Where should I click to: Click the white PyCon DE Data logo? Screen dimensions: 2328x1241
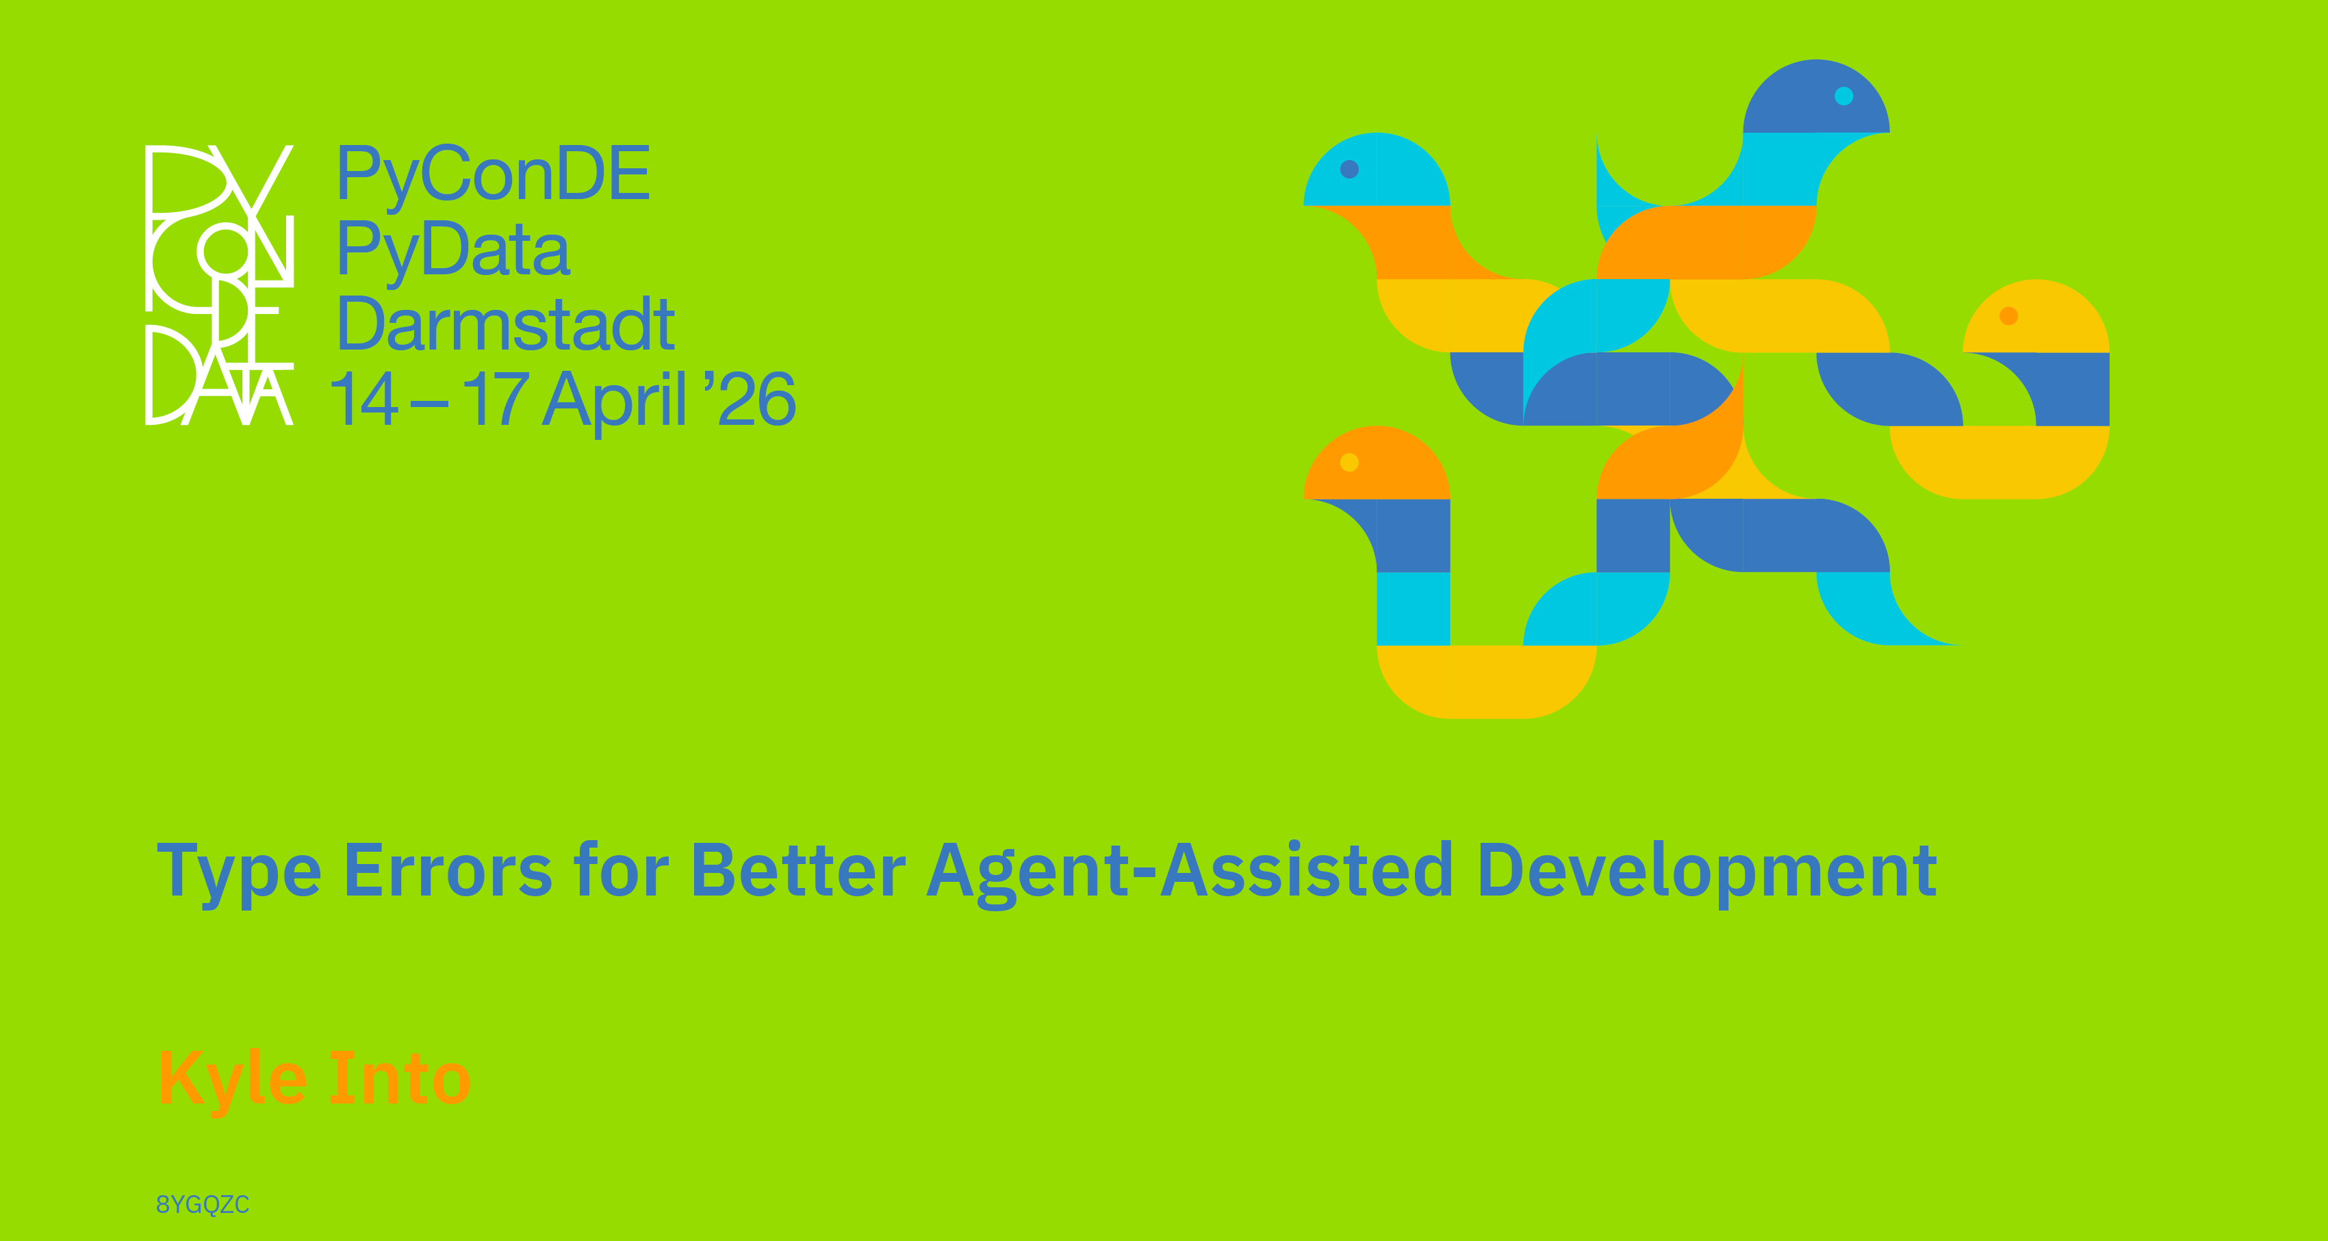[x=220, y=285]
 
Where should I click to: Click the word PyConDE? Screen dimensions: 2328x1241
[x=494, y=174]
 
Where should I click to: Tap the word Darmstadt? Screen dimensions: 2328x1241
[x=505, y=324]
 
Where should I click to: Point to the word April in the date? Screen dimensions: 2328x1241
[x=615, y=400]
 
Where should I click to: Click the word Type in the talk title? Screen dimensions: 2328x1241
[x=240, y=872]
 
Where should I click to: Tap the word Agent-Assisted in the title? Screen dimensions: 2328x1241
[x=1190, y=872]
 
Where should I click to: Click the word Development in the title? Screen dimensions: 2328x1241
[x=1707, y=872]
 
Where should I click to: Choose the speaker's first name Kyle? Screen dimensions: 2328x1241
[x=233, y=1080]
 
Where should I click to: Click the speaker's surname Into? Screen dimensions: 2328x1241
[x=400, y=1077]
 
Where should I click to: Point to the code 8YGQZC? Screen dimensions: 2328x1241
[x=203, y=1205]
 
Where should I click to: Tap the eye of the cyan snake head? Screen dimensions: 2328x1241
[x=1349, y=169]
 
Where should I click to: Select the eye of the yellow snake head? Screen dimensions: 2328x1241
[x=2009, y=315]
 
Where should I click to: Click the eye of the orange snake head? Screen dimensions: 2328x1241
[x=1349, y=462]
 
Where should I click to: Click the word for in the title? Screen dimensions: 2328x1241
[x=622, y=870]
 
